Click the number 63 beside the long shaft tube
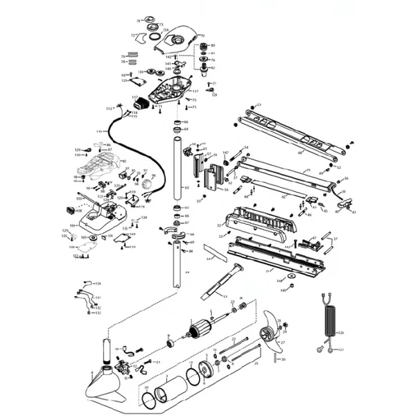[187, 188]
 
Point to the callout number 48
[300, 153]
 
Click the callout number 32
[219, 225]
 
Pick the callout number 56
[226, 189]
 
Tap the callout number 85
[124, 162]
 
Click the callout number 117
[135, 98]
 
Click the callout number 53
[225, 296]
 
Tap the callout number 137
[196, 92]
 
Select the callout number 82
[213, 68]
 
